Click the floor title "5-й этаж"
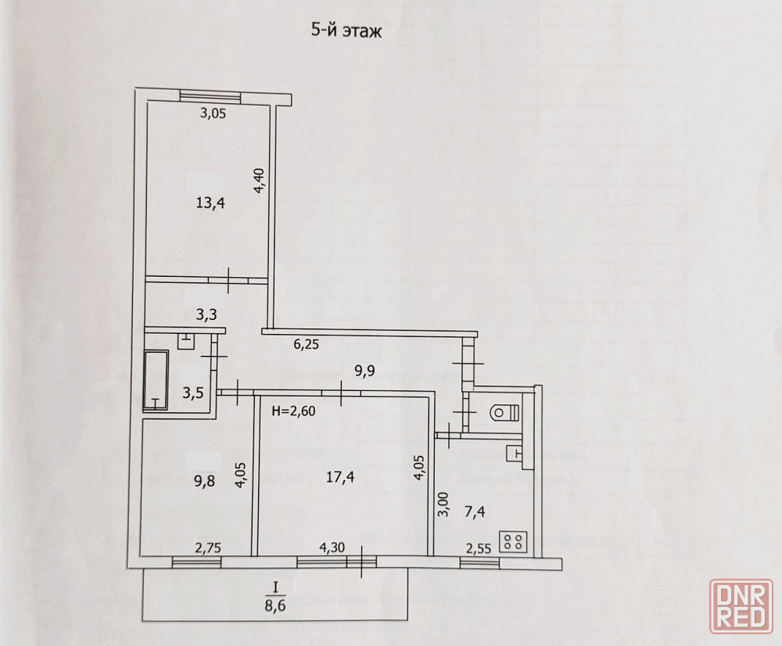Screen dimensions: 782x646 pos(346,31)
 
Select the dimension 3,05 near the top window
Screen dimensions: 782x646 pos(213,113)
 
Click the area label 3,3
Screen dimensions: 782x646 pos(206,314)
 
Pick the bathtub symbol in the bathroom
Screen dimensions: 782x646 pos(156,380)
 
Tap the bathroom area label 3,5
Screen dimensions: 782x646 pos(192,393)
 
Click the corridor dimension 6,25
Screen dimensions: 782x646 pos(307,344)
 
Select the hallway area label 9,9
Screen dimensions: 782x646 pos(364,371)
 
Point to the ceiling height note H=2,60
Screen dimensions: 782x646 pos(294,411)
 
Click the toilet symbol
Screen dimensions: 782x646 pos(504,412)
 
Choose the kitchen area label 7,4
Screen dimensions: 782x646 pos(475,511)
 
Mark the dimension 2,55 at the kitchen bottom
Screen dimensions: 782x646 pos(479,549)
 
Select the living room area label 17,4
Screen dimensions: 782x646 pos(340,477)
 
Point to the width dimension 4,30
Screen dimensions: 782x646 pos(332,547)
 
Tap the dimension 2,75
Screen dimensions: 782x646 pos(208,548)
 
